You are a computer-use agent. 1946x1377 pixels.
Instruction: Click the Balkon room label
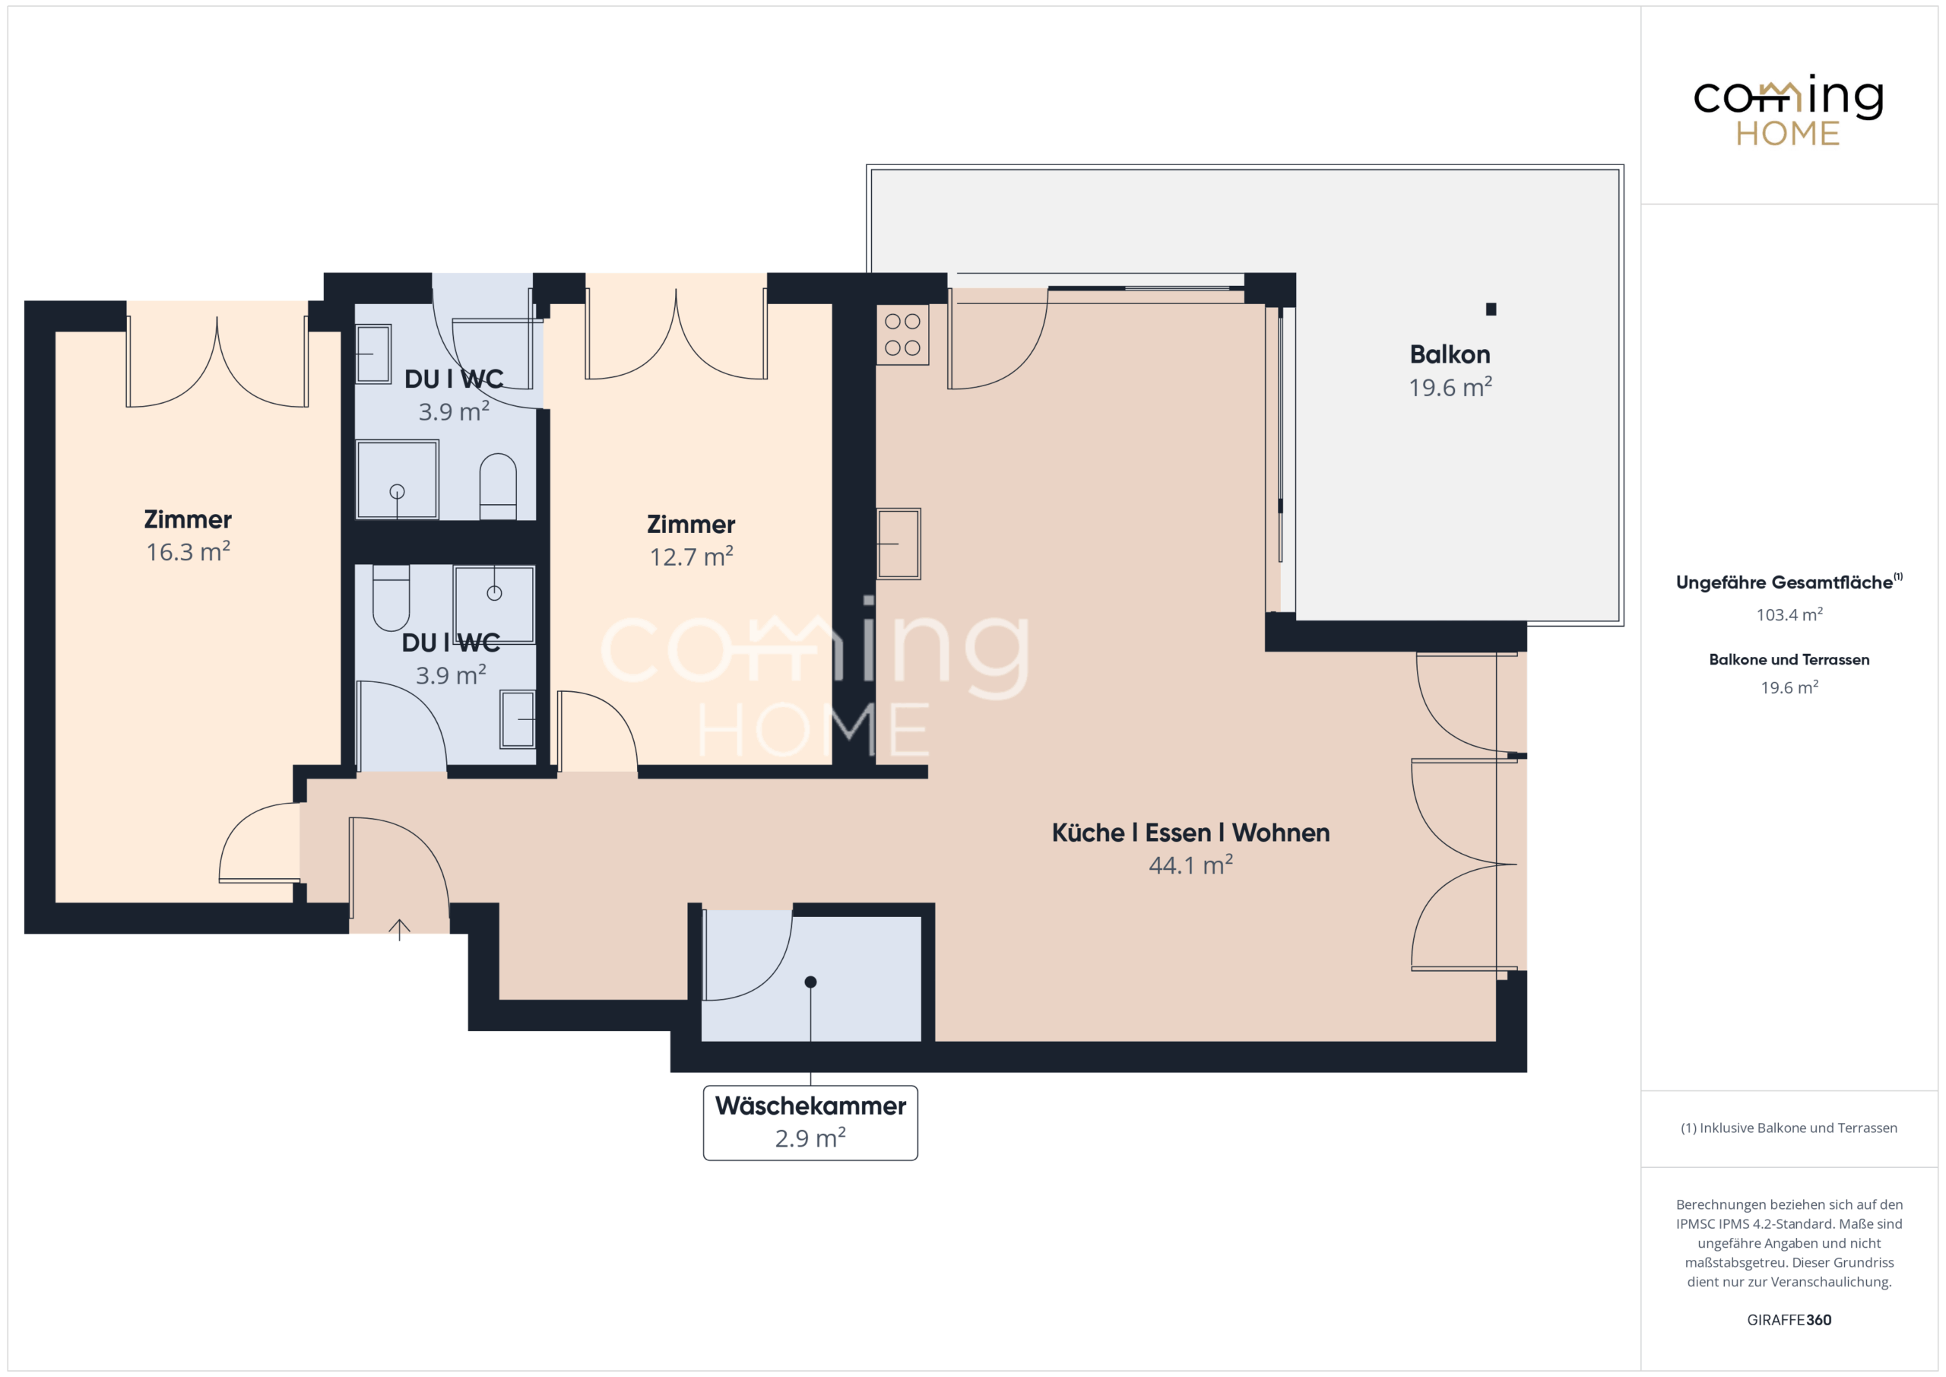[x=1450, y=354]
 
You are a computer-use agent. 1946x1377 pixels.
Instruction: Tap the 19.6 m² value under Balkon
[x=1450, y=387]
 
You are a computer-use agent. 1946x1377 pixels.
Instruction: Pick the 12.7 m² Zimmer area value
[x=692, y=557]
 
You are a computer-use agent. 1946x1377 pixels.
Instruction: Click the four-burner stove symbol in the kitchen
[x=902, y=335]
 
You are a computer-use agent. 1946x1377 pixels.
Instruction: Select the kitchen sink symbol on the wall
[x=899, y=544]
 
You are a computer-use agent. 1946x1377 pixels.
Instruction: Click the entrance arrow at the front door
[x=399, y=929]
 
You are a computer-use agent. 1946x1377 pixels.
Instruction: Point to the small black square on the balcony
[x=1491, y=309]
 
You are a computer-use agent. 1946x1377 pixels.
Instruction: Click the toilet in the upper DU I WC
[x=499, y=487]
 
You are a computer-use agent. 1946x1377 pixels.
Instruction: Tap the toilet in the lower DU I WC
[x=391, y=598]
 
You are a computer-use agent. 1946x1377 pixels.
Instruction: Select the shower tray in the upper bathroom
[x=397, y=479]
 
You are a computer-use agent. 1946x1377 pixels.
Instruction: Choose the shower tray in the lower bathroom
[x=494, y=604]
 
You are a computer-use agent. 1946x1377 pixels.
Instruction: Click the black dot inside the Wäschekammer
[x=810, y=982]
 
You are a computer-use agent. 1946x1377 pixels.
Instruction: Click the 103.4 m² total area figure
[x=1789, y=614]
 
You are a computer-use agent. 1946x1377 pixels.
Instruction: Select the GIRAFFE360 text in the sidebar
[x=1789, y=1319]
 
